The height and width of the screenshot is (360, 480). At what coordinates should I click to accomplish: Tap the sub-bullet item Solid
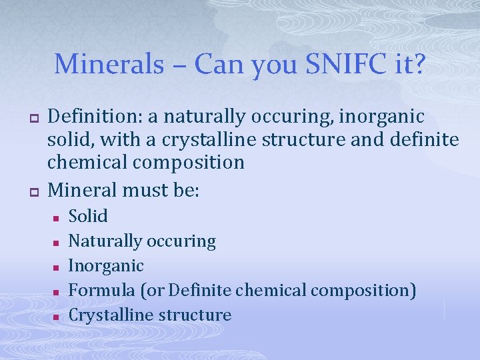pos(88,216)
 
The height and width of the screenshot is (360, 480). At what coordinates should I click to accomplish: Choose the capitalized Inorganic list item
pos(106,266)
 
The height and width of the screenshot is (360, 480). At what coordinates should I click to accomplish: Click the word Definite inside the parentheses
pos(199,291)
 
